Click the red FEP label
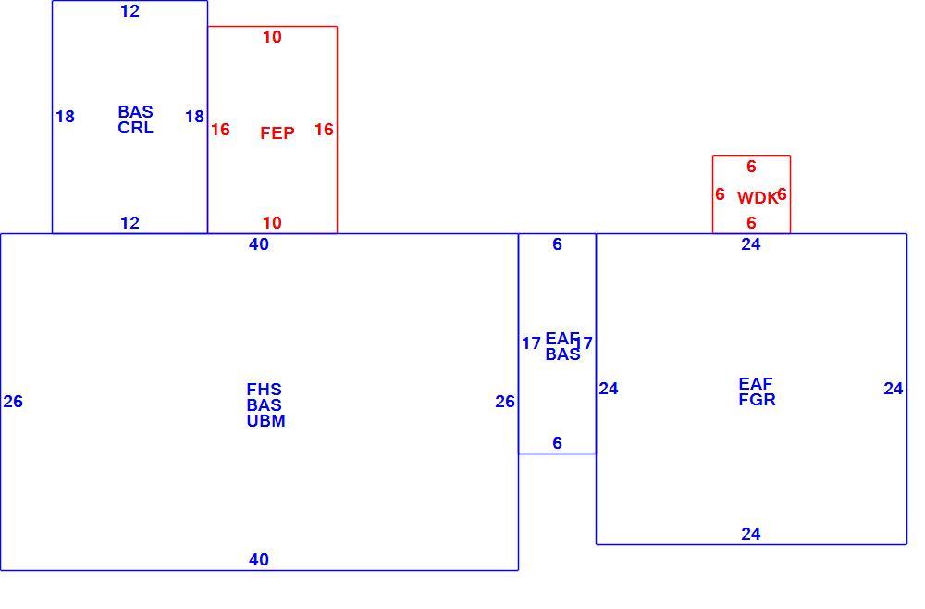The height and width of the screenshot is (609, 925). tap(277, 132)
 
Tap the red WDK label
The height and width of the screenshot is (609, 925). tap(757, 198)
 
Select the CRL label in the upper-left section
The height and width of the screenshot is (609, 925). tap(135, 128)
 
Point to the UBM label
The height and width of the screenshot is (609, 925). tap(266, 421)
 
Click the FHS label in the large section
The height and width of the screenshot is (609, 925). tap(265, 390)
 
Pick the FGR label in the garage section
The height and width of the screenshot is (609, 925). tap(757, 400)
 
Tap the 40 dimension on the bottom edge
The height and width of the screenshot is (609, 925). tap(259, 559)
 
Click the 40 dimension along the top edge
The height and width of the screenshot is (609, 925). tap(259, 243)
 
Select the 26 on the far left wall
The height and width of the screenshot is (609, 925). tap(13, 402)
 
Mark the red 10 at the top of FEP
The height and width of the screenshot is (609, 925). tap(272, 37)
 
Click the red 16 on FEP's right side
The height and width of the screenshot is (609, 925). tap(324, 130)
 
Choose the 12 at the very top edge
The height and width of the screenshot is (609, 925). tap(129, 10)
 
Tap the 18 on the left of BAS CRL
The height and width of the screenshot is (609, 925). tap(65, 117)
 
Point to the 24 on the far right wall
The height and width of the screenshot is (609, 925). tap(894, 389)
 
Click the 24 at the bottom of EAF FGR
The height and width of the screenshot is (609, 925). tap(751, 533)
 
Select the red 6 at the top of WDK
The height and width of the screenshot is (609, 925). tap(751, 167)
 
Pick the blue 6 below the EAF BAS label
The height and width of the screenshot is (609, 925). tap(558, 442)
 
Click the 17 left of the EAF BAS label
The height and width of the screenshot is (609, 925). tap(531, 342)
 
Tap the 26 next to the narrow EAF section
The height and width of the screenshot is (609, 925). tap(505, 402)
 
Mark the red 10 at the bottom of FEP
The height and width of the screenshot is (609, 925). tap(272, 222)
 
